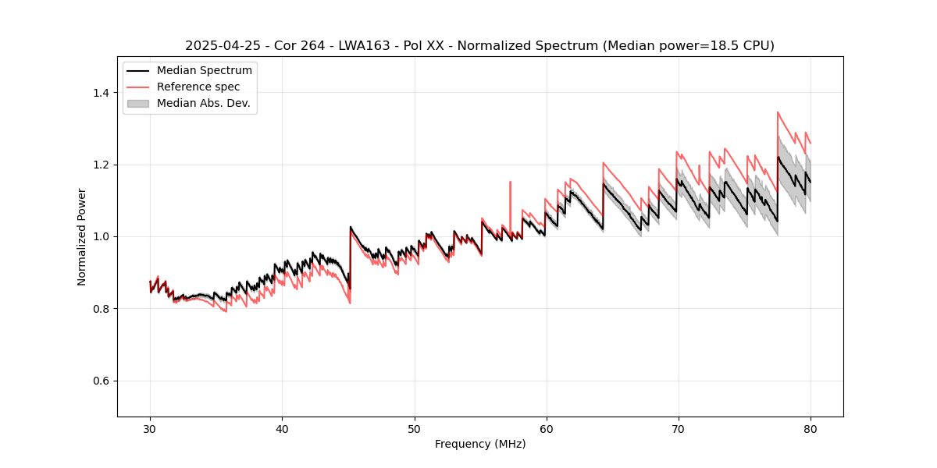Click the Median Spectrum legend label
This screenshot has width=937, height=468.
coord(204,71)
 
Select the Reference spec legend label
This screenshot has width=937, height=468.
coord(198,87)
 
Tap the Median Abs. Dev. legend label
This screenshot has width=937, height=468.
coord(203,103)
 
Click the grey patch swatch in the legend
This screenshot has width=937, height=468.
coord(137,103)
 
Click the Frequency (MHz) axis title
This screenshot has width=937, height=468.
coord(480,444)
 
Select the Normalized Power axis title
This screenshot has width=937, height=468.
coord(82,236)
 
